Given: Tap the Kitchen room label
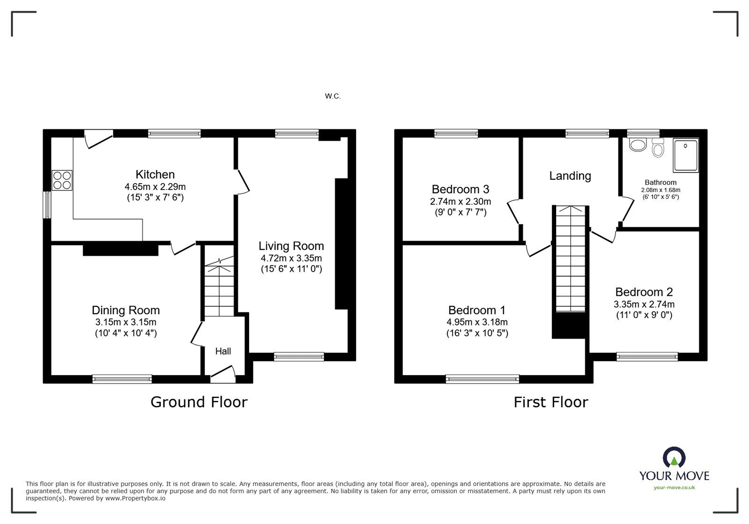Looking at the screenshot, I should click(155, 175).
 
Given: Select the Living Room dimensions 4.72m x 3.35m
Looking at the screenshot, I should click(291, 258).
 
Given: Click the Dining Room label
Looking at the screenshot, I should click(125, 310).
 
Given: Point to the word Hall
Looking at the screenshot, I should click(223, 351).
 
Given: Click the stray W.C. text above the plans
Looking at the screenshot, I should click(333, 96).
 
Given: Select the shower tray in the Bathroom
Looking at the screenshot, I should click(685, 155).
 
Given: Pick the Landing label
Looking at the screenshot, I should click(570, 176).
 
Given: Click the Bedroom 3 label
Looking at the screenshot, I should click(460, 189).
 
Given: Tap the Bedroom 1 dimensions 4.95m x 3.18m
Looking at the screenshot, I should click(477, 322).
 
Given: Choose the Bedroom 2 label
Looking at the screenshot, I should click(644, 292).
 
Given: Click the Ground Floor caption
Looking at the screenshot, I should click(198, 402).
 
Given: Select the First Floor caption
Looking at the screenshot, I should click(551, 402).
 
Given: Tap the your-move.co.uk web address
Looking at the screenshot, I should click(674, 487).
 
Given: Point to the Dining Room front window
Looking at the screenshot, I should click(122, 379).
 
